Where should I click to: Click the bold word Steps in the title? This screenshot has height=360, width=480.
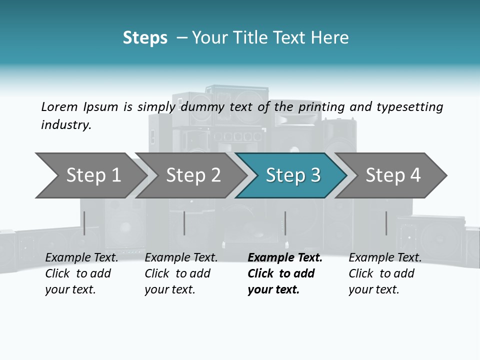(145, 38)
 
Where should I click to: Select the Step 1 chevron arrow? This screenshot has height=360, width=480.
(92, 175)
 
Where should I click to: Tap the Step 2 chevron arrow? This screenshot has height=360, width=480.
(192, 175)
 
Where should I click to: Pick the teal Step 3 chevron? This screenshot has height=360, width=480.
(292, 175)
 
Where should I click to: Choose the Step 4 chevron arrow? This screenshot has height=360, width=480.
(392, 175)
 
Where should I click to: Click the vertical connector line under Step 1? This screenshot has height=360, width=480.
(84, 223)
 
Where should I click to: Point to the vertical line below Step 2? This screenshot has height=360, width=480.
(184, 223)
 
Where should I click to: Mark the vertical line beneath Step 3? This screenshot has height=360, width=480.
(285, 223)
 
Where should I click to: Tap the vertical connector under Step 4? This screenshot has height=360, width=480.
(386, 223)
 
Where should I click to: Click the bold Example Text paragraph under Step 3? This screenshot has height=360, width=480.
(283, 273)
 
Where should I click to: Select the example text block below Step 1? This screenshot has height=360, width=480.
(81, 273)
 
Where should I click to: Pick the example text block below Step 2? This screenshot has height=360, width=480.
(180, 273)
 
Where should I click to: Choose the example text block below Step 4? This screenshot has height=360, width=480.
(384, 273)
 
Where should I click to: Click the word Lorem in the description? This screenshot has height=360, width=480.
(59, 106)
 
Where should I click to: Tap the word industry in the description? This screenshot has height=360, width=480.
(66, 125)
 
